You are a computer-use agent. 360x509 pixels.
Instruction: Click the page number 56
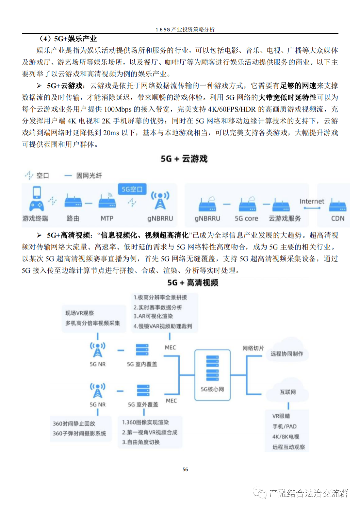pyautogui.click(x=185, y=469)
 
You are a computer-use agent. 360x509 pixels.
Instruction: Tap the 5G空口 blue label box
pyautogui.click(x=132, y=189)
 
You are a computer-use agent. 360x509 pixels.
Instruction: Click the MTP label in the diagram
pyautogui.click(x=107, y=219)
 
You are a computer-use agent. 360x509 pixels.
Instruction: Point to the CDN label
pyautogui.click(x=338, y=219)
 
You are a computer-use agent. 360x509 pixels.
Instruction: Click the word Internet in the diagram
pyautogui.click(x=312, y=201)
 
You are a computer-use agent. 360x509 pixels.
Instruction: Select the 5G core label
pyautogui.click(x=246, y=219)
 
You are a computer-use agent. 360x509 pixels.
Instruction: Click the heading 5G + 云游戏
pyautogui.click(x=184, y=159)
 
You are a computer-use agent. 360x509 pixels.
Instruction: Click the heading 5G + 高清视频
pyautogui.click(x=193, y=283)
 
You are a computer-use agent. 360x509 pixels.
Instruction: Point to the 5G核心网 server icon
pyautogui.click(x=212, y=368)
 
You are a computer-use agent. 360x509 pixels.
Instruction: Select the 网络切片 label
pyautogui.click(x=253, y=348)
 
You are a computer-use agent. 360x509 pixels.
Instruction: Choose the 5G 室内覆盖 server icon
pyautogui.click(x=142, y=350)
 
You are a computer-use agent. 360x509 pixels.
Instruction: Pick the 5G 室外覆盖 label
pyautogui.click(x=143, y=404)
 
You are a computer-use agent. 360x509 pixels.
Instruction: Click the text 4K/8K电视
pyautogui.click(x=286, y=437)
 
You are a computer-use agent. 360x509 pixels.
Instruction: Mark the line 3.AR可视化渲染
pyautogui.click(x=153, y=316)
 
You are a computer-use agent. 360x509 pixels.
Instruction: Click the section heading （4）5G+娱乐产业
pyautogui.click(x=68, y=39)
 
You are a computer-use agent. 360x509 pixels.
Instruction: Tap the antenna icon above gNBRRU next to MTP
pyautogui.click(x=160, y=200)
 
